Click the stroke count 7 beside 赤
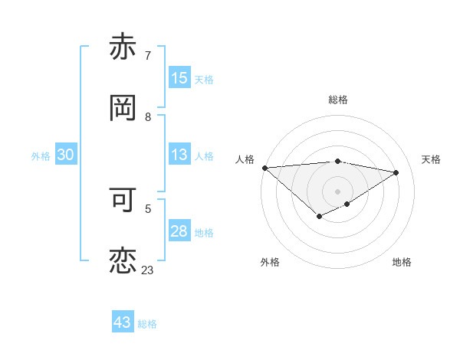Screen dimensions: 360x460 [147, 56]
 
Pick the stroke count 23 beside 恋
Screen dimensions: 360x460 [147, 270]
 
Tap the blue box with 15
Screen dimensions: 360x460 [179, 78]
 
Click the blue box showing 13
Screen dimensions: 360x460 [179, 155]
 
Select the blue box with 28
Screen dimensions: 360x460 [179, 231]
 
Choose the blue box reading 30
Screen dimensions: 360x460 [66, 155]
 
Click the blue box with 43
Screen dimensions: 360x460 [123, 322]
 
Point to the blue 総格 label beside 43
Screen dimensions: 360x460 [147, 324]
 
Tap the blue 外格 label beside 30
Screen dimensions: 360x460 [41, 155]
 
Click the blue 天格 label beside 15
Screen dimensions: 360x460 [204, 80]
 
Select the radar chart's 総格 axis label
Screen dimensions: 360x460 [338, 100]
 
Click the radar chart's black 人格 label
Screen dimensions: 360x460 [245, 159]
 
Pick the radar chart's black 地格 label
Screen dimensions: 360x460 [402, 262]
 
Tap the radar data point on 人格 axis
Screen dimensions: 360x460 [264, 167]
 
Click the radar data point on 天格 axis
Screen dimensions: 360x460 [396, 172]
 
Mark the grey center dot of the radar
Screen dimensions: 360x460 [337, 191]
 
